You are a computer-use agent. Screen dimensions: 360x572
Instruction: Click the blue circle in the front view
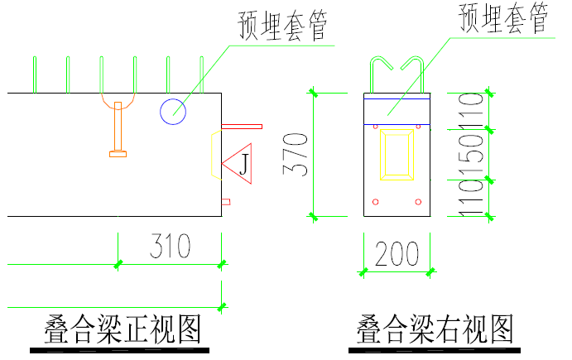[173, 111]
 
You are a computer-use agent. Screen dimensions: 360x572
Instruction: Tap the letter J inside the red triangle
[243, 164]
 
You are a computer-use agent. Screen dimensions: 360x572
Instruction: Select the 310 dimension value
[171, 247]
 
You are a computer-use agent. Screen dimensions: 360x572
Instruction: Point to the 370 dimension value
[296, 154]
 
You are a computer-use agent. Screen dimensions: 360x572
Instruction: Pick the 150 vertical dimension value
[473, 155]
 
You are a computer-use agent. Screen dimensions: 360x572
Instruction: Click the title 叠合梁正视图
[122, 329]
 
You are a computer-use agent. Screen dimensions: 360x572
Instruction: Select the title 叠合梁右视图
[435, 329]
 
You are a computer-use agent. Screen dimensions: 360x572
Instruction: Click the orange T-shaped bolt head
[119, 152]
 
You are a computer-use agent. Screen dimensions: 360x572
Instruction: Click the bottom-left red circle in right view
[376, 201]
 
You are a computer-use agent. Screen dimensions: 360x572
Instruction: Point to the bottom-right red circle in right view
[419, 201]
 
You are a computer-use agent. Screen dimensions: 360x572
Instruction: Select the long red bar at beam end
[241, 127]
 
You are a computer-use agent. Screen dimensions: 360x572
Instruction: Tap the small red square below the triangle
[225, 201]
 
